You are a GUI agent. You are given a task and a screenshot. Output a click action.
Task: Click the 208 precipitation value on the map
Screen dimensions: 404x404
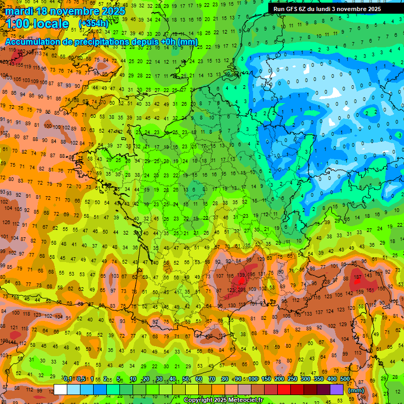[x=241, y=289]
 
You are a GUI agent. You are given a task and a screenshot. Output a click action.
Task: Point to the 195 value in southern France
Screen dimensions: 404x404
[x=252, y=275]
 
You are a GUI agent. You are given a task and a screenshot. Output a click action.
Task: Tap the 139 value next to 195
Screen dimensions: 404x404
[x=241, y=275]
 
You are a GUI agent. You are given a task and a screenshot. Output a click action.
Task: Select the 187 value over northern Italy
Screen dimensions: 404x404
[x=358, y=277]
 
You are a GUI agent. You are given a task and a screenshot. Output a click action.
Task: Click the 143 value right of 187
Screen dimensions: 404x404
[x=370, y=275]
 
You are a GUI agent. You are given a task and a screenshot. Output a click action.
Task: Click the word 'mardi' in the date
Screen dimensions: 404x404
[x=18, y=11]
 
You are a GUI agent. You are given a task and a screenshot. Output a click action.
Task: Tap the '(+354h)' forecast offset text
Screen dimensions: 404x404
[x=93, y=24]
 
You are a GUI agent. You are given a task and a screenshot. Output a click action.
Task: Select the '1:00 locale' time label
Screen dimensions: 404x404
[x=37, y=24]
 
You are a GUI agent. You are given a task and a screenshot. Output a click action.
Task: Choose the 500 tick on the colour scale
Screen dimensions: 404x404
[x=345, y=379]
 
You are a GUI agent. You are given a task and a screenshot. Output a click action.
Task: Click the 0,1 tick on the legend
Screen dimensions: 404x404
[x=68, y=379]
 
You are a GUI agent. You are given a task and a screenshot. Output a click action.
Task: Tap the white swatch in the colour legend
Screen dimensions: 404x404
[x=60, y=389]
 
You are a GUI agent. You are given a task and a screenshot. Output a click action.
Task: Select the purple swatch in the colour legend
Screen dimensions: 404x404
[x=337, y=389]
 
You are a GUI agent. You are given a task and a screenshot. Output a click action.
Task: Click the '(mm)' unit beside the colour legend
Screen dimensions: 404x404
[x=356, y=391]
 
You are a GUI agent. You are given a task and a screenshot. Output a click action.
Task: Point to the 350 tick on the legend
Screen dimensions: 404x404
[x=319, y=379]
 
